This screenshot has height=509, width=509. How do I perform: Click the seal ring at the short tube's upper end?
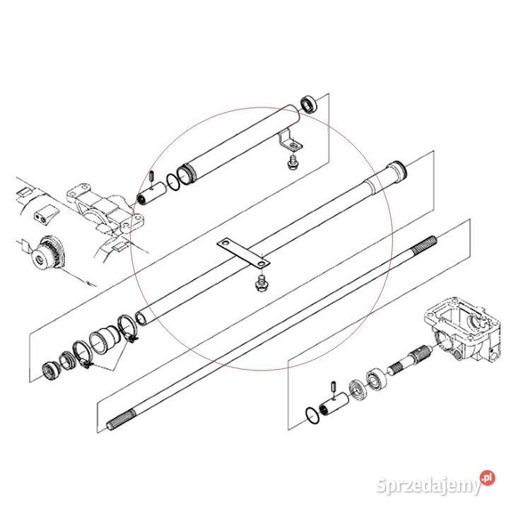click(x=309, y=105)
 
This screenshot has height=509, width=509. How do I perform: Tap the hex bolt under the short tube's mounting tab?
click(x=291, y=163)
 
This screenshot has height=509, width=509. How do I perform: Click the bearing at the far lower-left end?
click(x=52, y=369)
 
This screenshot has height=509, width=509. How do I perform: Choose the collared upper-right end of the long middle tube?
click(x=395, y=171)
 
